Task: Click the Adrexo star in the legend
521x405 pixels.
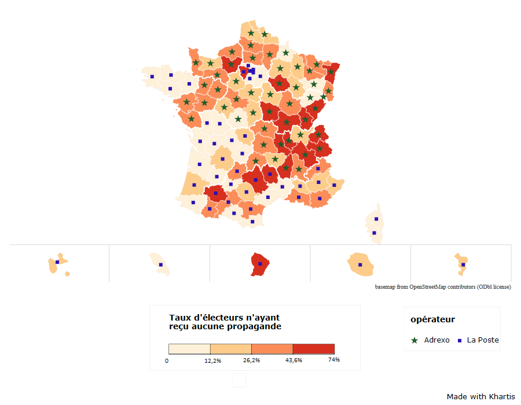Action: click(414, 340)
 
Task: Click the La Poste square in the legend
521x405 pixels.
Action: click(460, 340)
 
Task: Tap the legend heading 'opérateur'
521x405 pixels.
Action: click(432, 319)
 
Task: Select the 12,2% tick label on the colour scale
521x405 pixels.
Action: click(212, 361)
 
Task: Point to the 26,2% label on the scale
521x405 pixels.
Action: click(251, 361)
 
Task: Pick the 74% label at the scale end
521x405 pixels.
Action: click(333, 360)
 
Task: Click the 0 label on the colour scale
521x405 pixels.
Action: click(167, 361)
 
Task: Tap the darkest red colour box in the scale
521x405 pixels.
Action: click(314, 349)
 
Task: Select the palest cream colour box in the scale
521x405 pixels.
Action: click(189, 349)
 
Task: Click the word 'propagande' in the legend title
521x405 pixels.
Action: click(255, 326)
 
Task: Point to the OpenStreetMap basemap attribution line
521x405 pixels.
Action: click(443, 287)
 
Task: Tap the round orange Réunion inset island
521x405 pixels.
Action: click(360, 264)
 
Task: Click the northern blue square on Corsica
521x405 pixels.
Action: click(376, 219)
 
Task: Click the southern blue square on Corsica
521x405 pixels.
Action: click(374, 233)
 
